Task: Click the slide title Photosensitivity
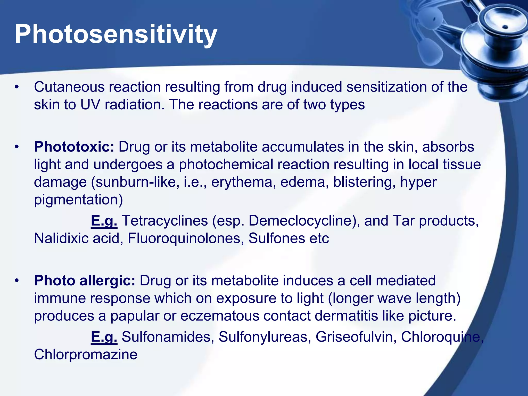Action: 116,34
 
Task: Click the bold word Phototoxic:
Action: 74,147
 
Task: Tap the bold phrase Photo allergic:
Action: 85,280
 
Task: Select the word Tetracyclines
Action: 165,221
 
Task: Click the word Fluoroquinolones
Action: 186,238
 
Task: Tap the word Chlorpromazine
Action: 86,354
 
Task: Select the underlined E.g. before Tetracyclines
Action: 104,221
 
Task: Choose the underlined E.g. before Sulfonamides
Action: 104,337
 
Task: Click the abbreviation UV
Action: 90,105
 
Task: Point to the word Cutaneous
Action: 69,87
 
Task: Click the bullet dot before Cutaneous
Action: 17,87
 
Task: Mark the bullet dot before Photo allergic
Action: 17,281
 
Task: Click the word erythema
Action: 242,182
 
